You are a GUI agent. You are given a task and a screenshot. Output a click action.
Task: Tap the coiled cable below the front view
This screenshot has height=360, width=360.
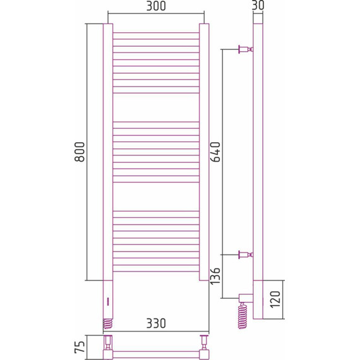click(x=107, y=323)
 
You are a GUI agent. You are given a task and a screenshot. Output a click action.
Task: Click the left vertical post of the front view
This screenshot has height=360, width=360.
click(x=107, y=152)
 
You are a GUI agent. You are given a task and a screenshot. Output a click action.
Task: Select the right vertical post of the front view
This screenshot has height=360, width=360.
click(x=204, y=152)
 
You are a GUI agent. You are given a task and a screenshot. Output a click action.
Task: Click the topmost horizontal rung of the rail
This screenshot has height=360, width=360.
click(x=155, y=33)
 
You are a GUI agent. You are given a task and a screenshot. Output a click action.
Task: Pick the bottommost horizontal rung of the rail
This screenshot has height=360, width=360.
click(x=155, y=272)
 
